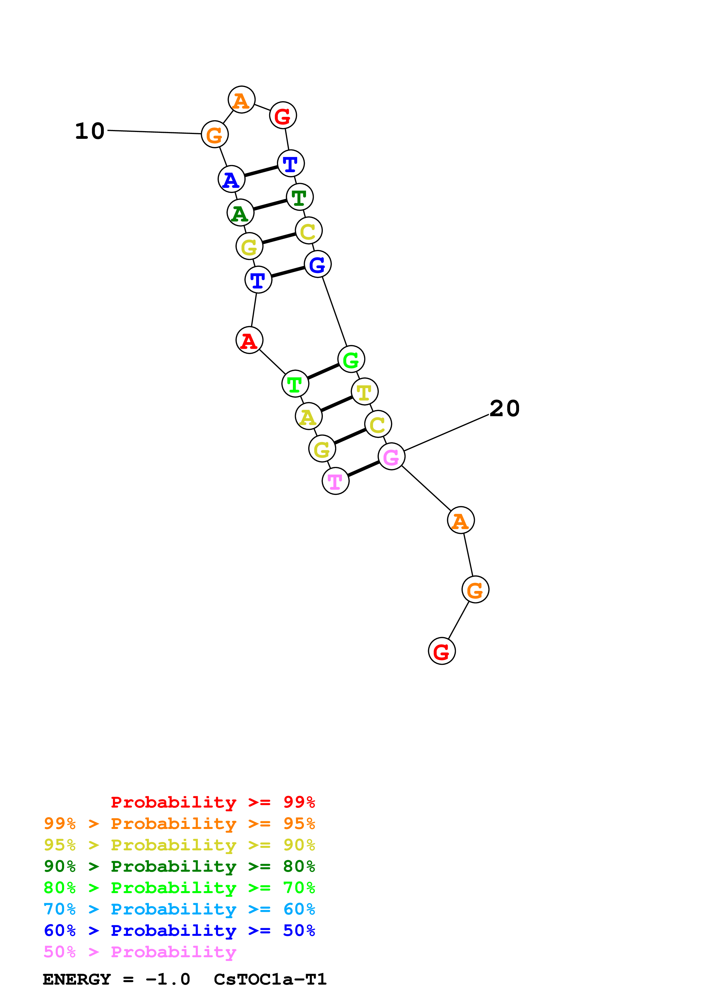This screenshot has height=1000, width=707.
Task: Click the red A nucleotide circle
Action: (249, 340)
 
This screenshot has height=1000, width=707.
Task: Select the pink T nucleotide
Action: (335, 481)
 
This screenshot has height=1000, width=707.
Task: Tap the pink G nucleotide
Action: (391, 456)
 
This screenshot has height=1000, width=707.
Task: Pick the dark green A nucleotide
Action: (240, 213)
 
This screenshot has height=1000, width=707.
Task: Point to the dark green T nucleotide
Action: (299, 197)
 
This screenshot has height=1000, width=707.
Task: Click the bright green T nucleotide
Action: (295, 384)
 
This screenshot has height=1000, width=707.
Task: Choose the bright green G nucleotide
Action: (351, 359)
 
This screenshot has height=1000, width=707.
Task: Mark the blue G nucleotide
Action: (317, 264)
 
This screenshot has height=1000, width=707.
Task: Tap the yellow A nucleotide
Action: (308, 416)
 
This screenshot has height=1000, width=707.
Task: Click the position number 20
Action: (505, 408)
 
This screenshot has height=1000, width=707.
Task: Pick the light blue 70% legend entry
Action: (179, 909)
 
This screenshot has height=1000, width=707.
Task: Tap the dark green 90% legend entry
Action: (179, 866)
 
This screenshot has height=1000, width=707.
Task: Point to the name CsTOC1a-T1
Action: (270, 979)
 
